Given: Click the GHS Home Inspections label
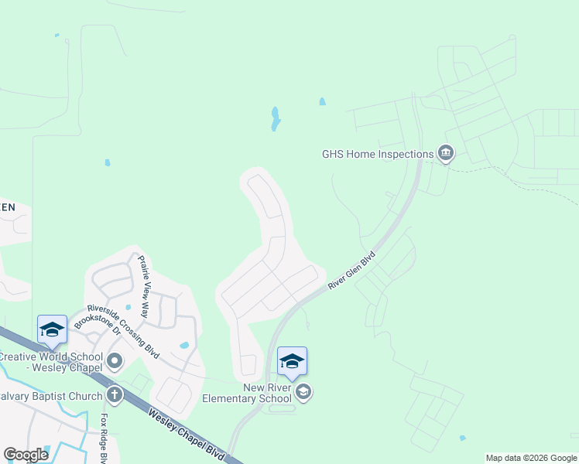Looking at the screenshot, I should pyautogui.click(x=377, y=153).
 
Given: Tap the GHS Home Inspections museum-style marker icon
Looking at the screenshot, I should pyautogui.click(x=445, y=153).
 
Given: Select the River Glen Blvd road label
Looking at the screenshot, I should pyautogui.click(x=351, y=270).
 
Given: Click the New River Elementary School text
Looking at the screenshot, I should pyautogui.click(x=247, y=393).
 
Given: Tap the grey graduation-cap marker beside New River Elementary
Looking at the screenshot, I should pyautogui.click(x=304, y=392).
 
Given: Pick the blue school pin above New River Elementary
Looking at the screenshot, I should pyautogui.click(x=292, y=361).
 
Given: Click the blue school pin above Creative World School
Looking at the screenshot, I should pyautogui.click(x=52, y=329).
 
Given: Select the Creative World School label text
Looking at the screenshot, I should pyautogui.click(x=50, y=361).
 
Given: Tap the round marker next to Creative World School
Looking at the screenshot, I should pyautogui.click(x=115, y=361).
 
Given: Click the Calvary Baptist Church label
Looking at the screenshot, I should pyautogui.click(x=51, y=396).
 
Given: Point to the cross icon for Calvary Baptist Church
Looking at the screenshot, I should pyautogui.click(x=115, y=396).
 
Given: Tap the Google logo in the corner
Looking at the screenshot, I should pyautogui.click(x=26, y=454).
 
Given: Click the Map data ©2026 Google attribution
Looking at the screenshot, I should pyautogui.click(x=531, y=458).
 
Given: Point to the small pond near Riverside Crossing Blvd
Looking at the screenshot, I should pyautogui.click(x=183, y=346).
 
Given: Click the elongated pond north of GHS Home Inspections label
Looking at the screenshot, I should pyautogui.click(x=275, y=119).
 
